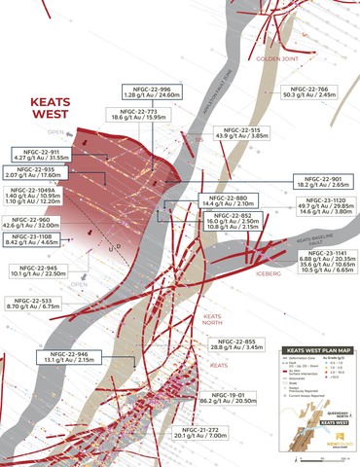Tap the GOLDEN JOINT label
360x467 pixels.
273,58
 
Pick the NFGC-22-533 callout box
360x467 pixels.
36,303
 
